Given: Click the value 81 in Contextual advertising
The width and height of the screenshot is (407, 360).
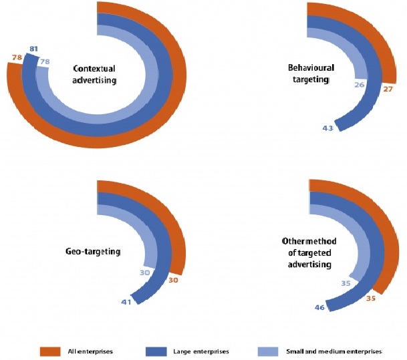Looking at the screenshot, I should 34,49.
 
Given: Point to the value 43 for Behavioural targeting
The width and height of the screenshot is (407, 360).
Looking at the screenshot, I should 327,128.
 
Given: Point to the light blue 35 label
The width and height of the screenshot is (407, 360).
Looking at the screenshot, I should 346,283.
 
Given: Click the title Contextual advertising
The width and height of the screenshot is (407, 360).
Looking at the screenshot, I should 94,73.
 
